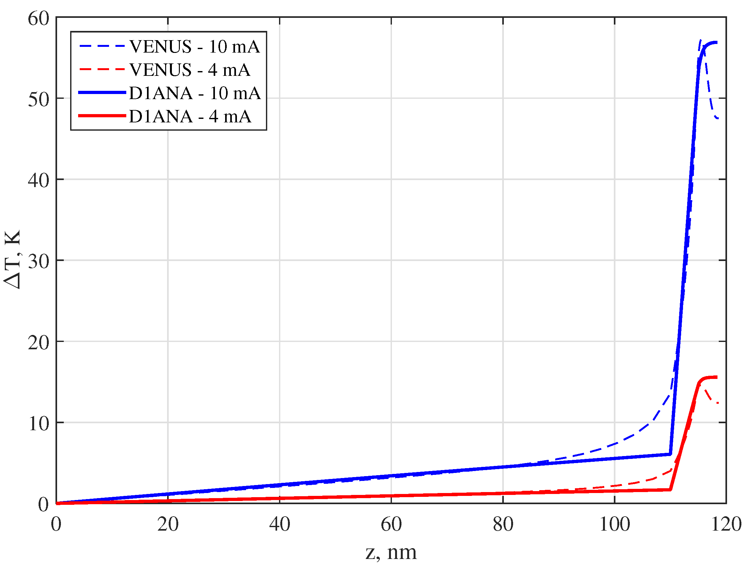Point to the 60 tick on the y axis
click(39, 18)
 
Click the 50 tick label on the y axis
click(39, 99)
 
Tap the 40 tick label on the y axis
click(39, 180)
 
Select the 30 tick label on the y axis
click(39, 261)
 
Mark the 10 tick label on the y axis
click(39, 423)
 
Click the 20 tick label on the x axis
click(168, 524)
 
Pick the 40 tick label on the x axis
click(280, 524)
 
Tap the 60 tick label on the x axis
click(391, 524)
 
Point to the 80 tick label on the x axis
click(503, 524)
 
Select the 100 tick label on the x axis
click(615, 524)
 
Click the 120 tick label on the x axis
click(726, 524)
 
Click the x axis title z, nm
click(391, 552)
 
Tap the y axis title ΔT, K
click(13, 259)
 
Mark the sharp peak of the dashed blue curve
click(701, 40)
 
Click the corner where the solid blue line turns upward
click(670, 454)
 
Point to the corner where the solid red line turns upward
click(670, 490)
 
